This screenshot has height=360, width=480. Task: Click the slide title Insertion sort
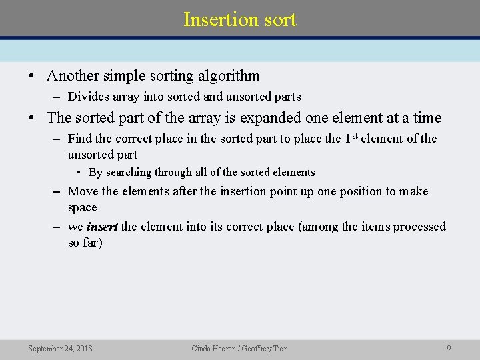tap(240, 19)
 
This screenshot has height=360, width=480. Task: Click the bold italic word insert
tap(102, 227)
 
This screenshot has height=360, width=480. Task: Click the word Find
tap(80, 139)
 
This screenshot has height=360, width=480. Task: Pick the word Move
tap(83, 192)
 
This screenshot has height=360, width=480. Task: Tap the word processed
tap(419, 227)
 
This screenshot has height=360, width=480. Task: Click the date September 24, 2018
tap(60, 348)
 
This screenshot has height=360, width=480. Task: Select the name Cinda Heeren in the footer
tap(213, 348)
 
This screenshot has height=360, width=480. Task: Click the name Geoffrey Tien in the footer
tap(266, 348)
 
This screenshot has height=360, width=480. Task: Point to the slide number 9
tap(449, 348)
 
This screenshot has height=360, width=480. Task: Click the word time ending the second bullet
tap(427, 118)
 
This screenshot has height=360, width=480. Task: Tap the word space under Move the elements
tap(82, 207)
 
